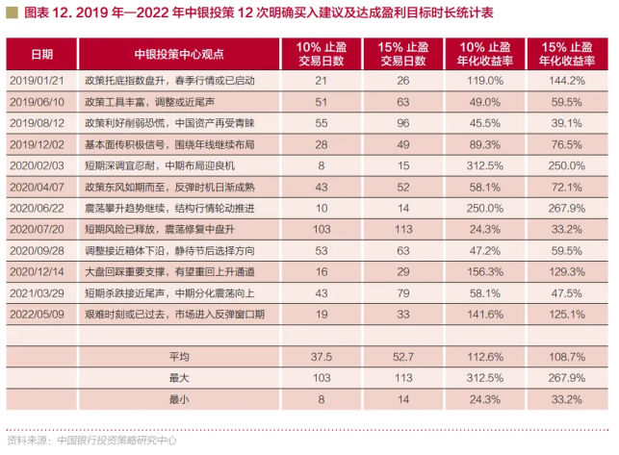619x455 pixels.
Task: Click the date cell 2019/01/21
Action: [36, 80]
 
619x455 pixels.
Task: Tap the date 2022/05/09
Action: [36, 313]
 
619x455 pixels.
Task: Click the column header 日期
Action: [36, 53]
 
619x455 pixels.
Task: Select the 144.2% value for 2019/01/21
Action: [566, 80]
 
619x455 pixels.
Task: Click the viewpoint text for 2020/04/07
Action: [158, 186]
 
